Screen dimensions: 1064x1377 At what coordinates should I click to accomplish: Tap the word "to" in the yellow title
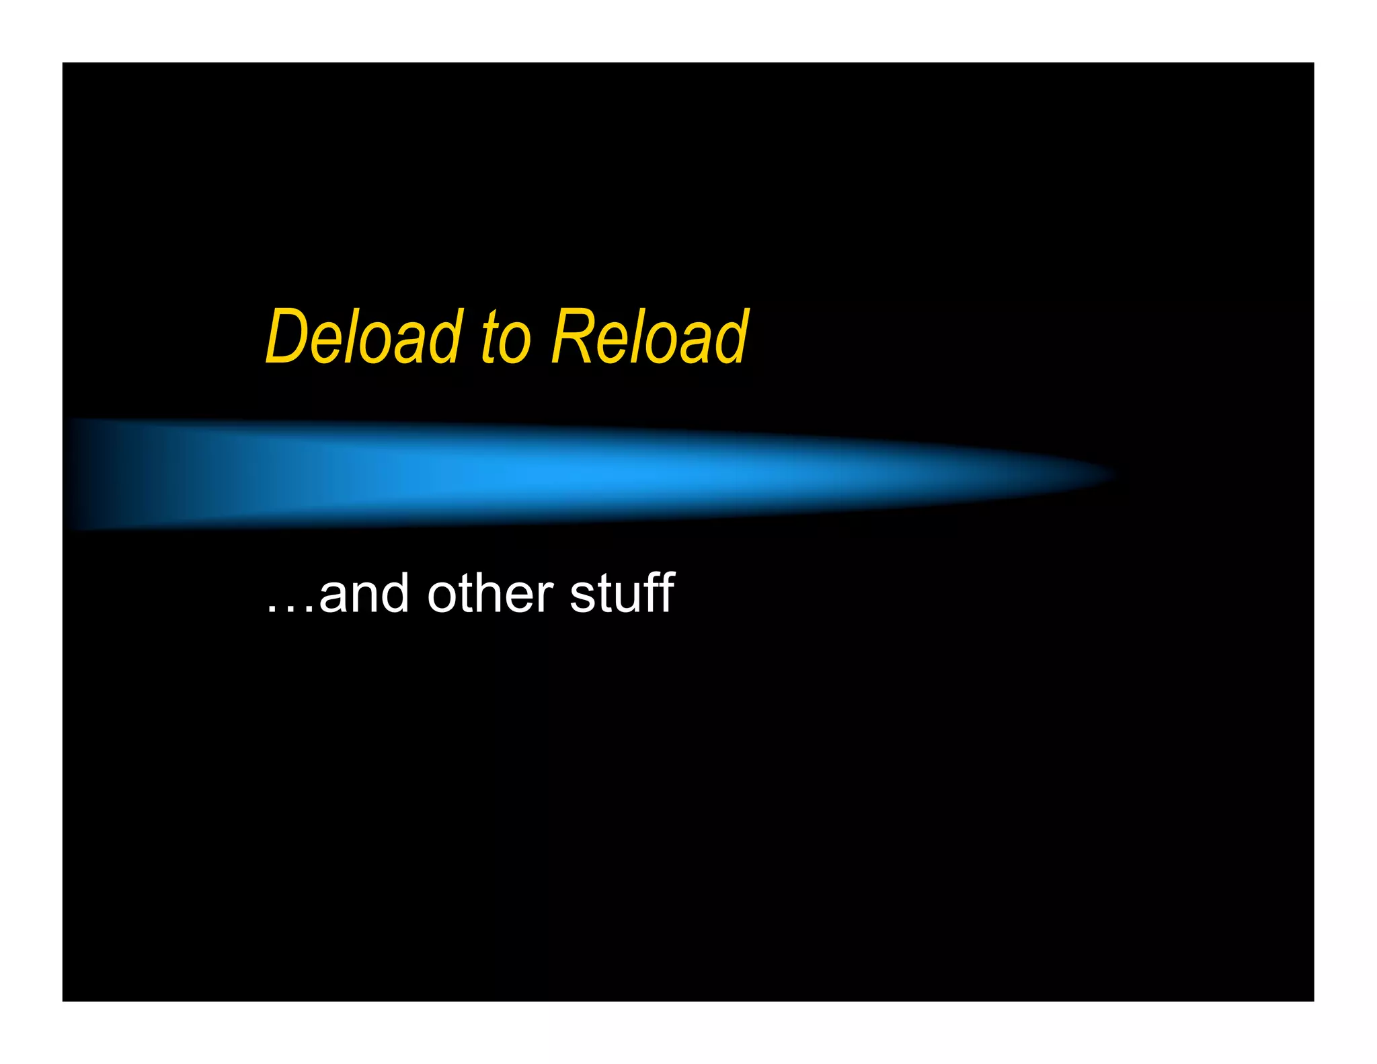pyautogui.click(x=506, y=338)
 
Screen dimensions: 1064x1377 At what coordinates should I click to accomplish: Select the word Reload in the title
pyautogui.click(x=650, y=336)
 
